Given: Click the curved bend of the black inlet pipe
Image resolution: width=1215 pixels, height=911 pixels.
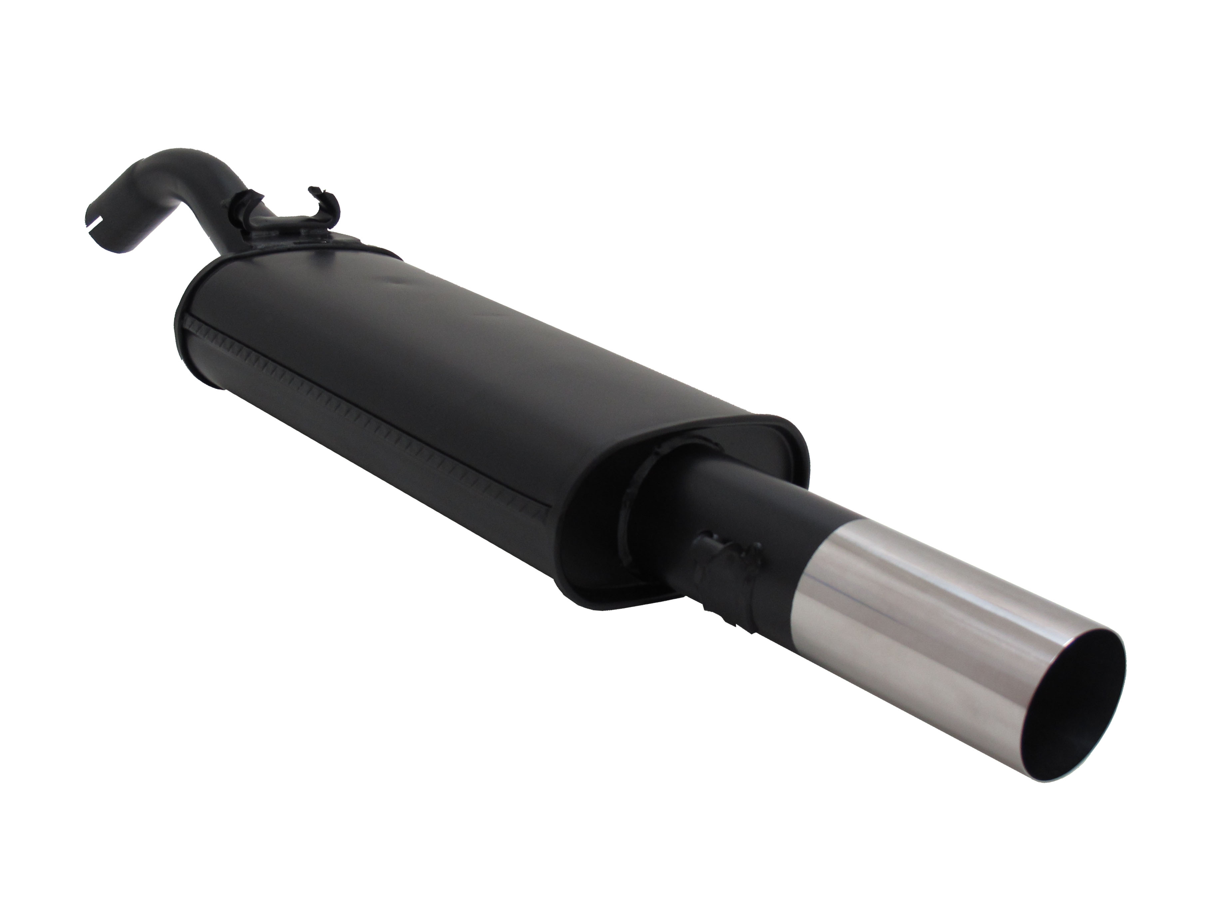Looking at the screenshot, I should tap(159, 165).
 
